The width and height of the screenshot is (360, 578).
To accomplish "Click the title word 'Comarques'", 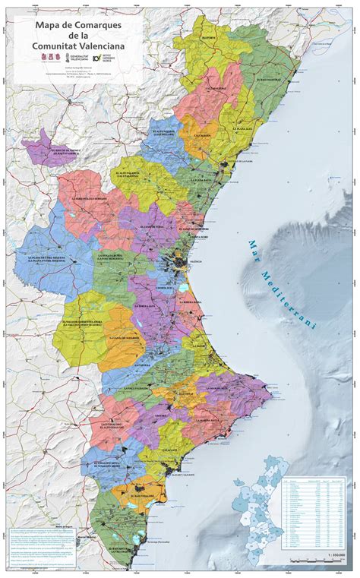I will (x=105, y=27).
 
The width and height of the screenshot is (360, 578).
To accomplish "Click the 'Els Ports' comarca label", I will (x=210, y=36).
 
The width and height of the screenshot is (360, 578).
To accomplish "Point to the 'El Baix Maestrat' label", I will (x=270, y=78).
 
